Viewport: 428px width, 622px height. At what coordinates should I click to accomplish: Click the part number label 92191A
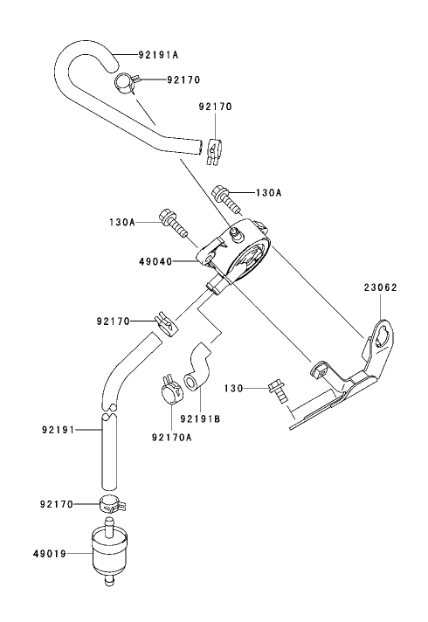coord(158,53)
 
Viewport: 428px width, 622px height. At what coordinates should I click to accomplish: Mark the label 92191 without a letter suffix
coord(59,430)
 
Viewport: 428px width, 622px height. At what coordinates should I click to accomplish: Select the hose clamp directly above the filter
coord(107,504)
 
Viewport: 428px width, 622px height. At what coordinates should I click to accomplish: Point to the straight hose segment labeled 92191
coord(107,454)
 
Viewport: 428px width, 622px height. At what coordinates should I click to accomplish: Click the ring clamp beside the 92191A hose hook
coord(127,81)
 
